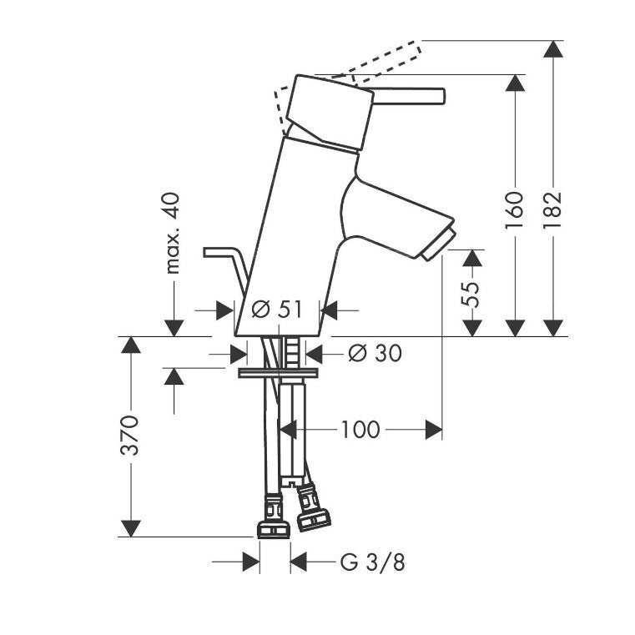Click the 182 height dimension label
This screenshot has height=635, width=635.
(552, 209)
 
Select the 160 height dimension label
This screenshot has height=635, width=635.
(515, 209)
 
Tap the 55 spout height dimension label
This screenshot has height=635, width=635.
(470, 295)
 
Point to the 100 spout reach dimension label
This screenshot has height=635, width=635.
(360, 430)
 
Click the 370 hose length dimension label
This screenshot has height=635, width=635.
(130, 436)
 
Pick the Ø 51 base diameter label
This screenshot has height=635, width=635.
(277, 310)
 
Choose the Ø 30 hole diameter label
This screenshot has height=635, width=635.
(375, 353)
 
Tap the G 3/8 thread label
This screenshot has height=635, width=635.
(373, 562)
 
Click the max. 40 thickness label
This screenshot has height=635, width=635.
(173, 234)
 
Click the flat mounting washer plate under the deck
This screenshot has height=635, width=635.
(278, 373)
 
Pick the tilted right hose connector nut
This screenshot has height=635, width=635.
(313, 508)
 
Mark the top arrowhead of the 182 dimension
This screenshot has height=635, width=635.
(553, 49)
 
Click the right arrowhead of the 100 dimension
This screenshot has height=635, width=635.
(434, 430)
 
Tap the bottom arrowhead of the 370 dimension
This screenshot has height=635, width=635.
(130, 528)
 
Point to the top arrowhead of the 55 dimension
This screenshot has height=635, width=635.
(472, 258)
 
